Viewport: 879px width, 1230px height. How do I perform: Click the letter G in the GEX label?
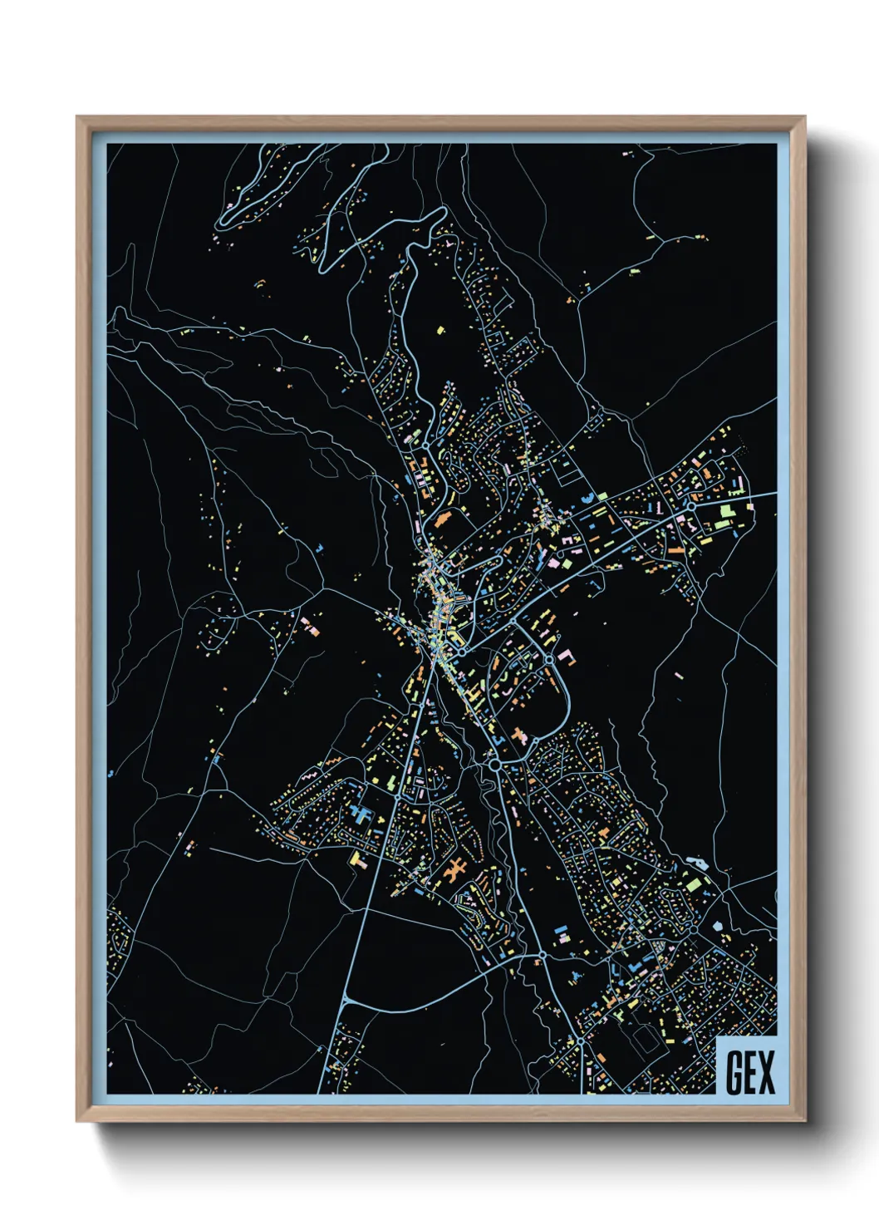tap(734, 1072)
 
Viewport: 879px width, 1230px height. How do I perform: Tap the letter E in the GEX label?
tap(751, 1072)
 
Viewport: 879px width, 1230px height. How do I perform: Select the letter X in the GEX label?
tap(767, 1072)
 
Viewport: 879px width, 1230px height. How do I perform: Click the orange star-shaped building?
tap(454, 871)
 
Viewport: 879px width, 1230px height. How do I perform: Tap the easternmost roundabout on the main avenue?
tap(690, 505)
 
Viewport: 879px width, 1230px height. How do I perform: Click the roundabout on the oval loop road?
tap(549, 659)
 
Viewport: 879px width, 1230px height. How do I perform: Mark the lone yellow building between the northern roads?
tap(441, 331)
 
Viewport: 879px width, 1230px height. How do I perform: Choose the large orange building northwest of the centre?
tap(441, 521)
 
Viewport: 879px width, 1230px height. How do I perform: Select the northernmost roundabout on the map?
tap(425, 446)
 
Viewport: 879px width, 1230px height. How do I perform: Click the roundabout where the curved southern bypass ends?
tap(541, 954)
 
